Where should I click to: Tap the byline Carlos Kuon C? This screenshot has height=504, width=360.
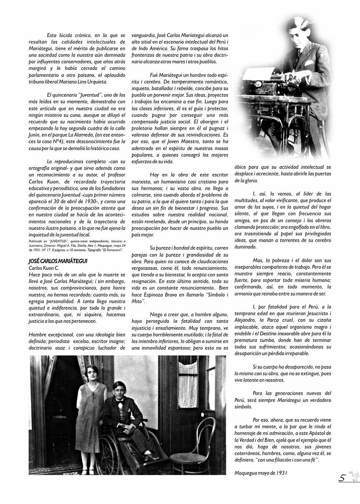(44, 268)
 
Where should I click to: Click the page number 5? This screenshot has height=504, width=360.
(342, 478)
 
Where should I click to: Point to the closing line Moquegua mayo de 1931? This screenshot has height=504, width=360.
(260, 473)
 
